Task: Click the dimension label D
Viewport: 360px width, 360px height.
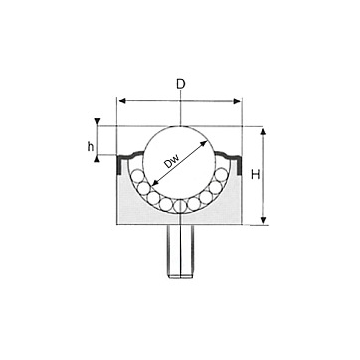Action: click(x=180, y=85)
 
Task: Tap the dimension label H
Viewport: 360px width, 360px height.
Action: click(x=255, y=174)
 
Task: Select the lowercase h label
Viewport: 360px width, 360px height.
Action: click(x=90, y=146)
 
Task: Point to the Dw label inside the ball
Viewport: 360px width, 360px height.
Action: click(x=171, y=161)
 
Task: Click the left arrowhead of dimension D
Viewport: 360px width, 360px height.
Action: click(x=122, y=101)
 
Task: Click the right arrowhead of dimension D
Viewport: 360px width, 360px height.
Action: click(x=237, y=101)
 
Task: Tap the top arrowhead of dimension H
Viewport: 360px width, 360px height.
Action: click(x=263, y=132)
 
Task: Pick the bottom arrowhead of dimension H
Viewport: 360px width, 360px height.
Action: click(x=263, y=220)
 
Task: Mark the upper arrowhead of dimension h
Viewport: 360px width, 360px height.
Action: click(x=97, y=120)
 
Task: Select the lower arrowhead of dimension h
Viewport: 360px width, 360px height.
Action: click(x=97, y=160)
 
